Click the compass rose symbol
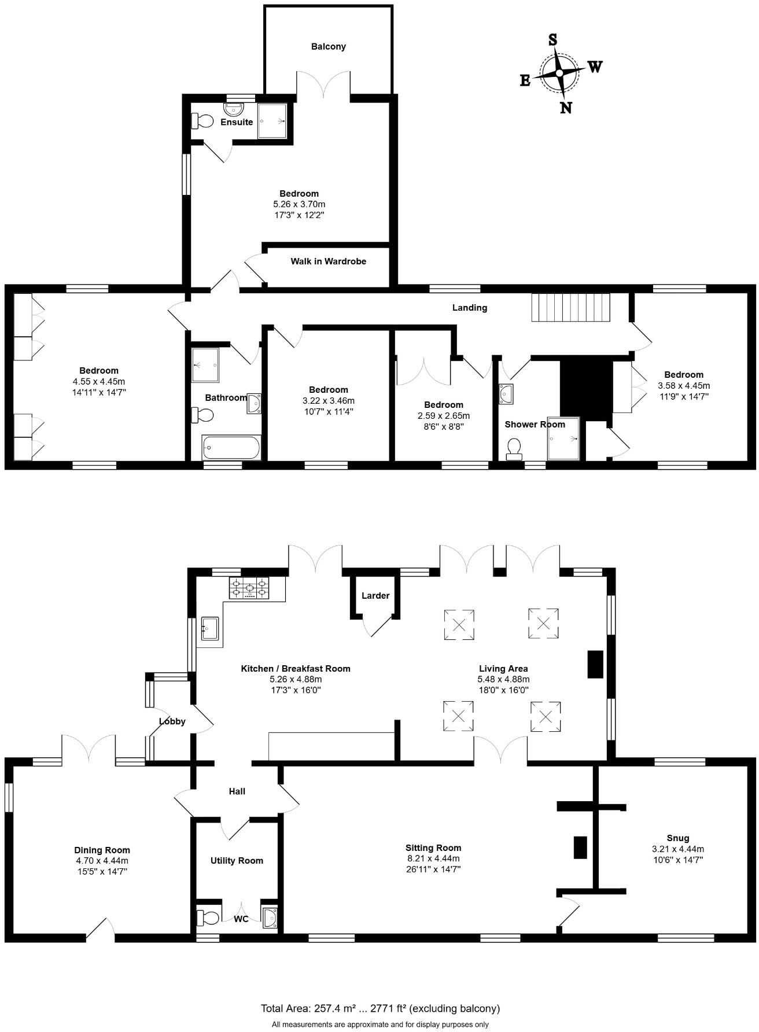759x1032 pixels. [559, 73]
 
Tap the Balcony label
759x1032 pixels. [328, 46]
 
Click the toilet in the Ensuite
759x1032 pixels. [202, 120]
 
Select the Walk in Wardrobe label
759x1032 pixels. [328, 261]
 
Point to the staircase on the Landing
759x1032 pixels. [570, 307]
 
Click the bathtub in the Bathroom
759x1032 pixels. [231, 448]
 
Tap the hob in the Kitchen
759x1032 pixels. [250, 588]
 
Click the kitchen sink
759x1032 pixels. [209, 628]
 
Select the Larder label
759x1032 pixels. [375, 595]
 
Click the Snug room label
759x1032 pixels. [677, 838]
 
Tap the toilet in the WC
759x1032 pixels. [208, 917]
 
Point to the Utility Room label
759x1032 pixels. [237, 861]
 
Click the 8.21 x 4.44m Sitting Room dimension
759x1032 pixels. [433, 858]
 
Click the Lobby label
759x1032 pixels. [172, 721]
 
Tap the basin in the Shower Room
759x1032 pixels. [506, 393]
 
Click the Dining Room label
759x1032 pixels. [102, 850]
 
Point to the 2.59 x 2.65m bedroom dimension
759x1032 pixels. [444, 415]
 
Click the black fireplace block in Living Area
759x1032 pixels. [595, 664]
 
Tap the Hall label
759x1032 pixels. [237, 791]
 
